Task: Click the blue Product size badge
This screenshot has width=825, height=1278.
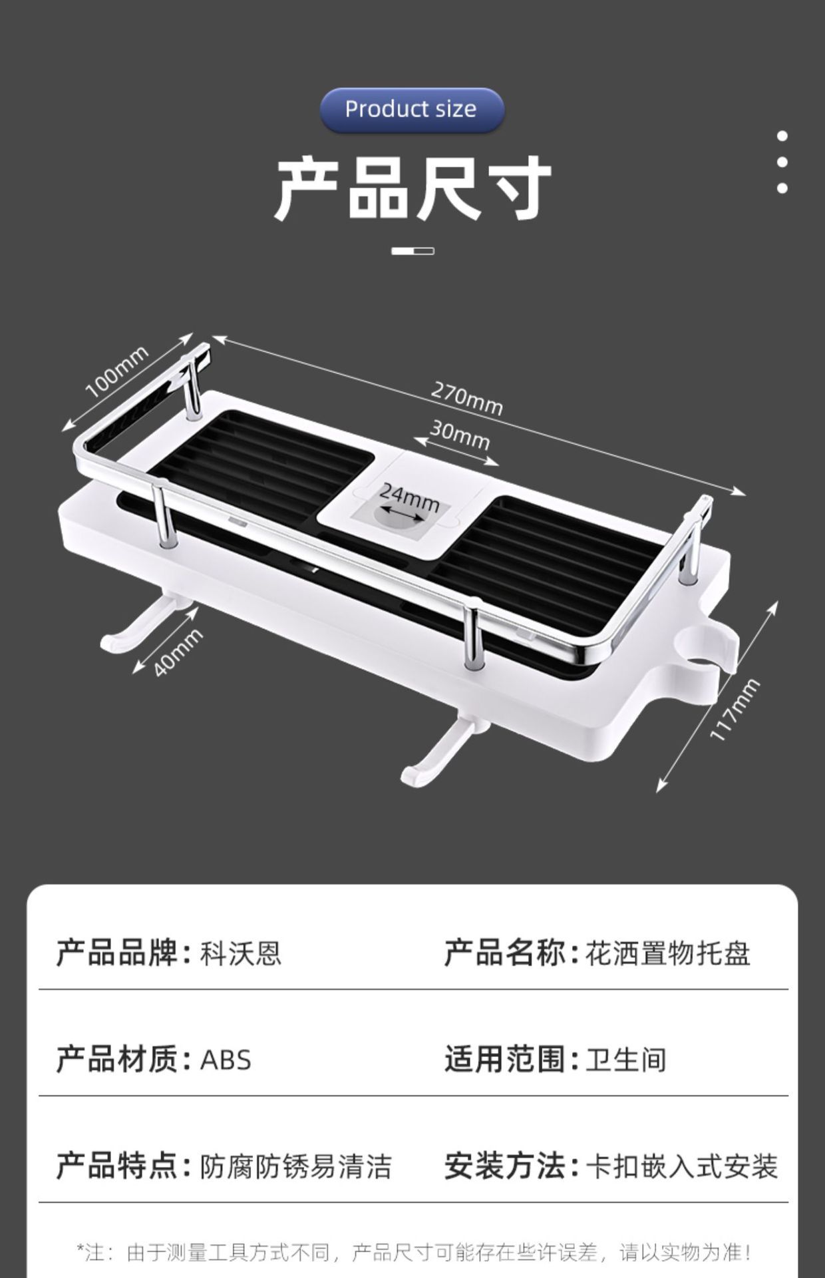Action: pos(411,110)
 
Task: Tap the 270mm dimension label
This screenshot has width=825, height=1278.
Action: pos(466,397)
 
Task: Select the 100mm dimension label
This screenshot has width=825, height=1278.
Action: pos(117,372)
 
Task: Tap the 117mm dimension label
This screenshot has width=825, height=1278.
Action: pos(735,709)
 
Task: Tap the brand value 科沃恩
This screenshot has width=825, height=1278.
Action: pos(241,953)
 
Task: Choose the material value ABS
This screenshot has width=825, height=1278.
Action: pos(226,1060)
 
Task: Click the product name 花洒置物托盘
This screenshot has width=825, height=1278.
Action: pos(667,953)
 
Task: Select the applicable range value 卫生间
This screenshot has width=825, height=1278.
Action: pos(625,1060)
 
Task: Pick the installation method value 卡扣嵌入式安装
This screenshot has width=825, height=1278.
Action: pos(681,1166)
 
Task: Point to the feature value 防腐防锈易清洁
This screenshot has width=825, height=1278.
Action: pos(296,1166)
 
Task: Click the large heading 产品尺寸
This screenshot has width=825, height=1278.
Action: pos(412,188)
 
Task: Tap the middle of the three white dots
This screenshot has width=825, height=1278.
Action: pos(782,162)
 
